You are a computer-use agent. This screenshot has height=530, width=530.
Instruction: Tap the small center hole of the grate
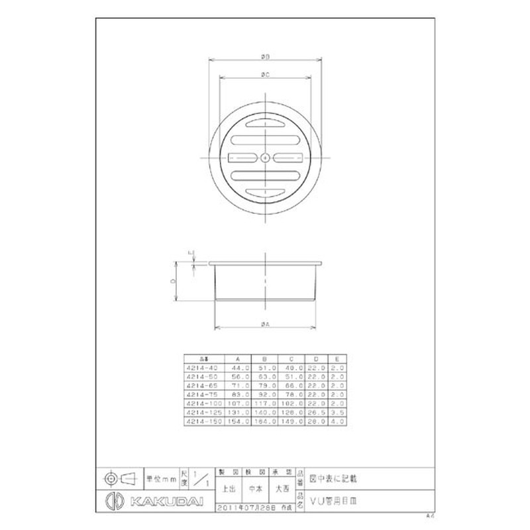pos(264,158)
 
